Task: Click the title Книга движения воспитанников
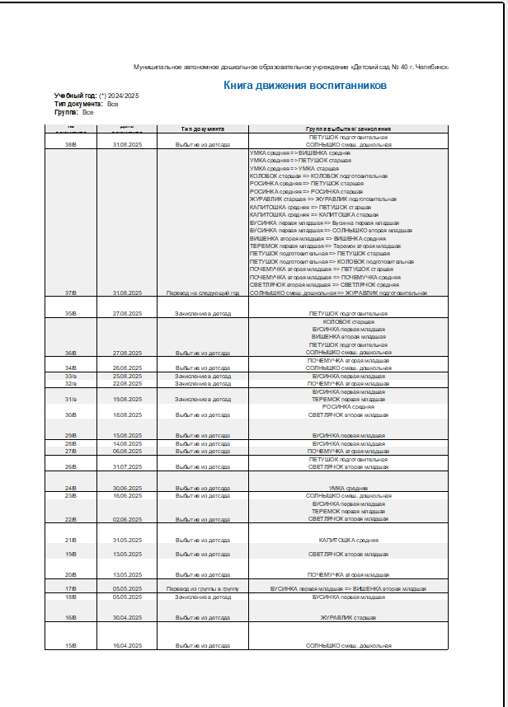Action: (305, 85)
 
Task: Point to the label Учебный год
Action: (74, 96)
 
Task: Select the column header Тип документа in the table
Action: (203, 129)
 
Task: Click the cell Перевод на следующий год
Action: (203, 293)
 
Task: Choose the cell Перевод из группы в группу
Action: (203, 589)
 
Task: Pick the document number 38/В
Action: (70, 144)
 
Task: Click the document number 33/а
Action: (70, 376)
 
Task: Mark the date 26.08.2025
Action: (128, 368)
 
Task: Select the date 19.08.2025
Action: (128, 399)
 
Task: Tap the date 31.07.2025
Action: (128, 466)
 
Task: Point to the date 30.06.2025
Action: (128, 488)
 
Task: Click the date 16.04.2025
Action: (128, 646)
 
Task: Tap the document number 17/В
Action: (70, 589)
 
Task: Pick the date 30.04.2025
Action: (128, 617)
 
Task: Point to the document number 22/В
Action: (70, 519)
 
